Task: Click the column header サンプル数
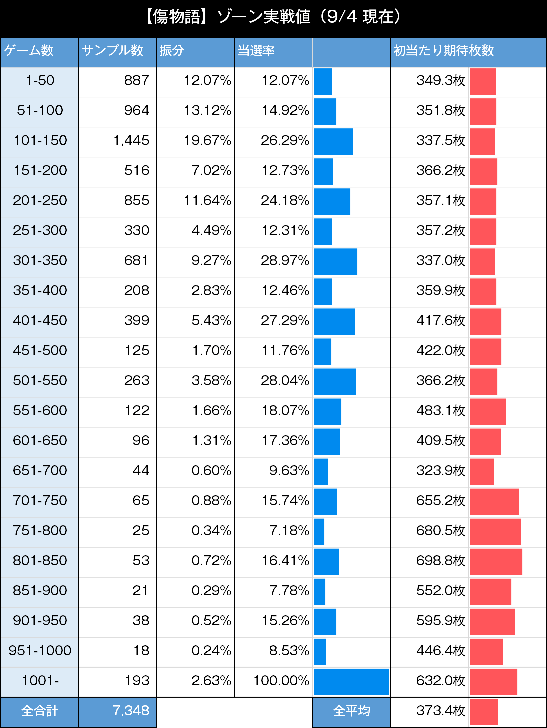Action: (112, 50)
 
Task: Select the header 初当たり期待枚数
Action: (443, 50)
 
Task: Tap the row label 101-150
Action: (40, 140)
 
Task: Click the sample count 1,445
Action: (131, 140)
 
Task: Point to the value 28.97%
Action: (285, 260)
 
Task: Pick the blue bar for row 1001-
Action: (351, 682)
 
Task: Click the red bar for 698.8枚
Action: (496, 562)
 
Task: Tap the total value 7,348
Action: (131, 711)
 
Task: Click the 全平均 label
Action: (351, 711)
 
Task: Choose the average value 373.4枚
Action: (440, 711)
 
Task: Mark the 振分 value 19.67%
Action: (207, 140)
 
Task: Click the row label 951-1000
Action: (40, 651)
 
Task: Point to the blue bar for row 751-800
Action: (319, 532)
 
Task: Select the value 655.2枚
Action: (440, 501)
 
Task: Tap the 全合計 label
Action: (40, 711)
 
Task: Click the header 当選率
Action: (256, 50)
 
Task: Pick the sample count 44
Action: (141, 471)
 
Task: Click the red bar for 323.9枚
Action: (482, 472)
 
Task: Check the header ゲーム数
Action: (29, 50)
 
